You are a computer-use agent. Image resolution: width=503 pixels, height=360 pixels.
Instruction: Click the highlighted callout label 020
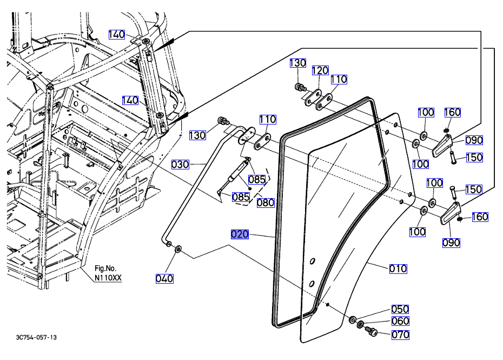click(x=240, y=234)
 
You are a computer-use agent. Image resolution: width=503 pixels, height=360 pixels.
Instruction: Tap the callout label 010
click(x=398, y=269)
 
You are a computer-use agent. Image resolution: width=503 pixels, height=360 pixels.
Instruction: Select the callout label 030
click(x=180, y=164)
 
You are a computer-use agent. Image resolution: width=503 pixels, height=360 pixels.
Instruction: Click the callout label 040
click(x=164, y=278)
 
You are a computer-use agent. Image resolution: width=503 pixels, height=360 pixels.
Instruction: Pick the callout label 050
click(x=400, y=309)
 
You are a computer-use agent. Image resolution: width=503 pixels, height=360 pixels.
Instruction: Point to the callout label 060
click(x=400, y=321)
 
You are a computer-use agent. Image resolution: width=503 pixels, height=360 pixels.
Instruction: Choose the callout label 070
click(x=400, y=335)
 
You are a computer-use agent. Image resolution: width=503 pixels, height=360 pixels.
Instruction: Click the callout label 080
click(x=266, y=203)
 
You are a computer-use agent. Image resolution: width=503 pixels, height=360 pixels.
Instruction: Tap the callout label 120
click(x=320, y=70)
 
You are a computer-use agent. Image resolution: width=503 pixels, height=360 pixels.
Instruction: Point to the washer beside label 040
click(x=178, y=251)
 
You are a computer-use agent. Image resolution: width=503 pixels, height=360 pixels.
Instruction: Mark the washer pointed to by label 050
click(x=353, y=319)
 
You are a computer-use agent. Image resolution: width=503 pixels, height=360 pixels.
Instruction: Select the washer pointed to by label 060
click(x=361, y=324)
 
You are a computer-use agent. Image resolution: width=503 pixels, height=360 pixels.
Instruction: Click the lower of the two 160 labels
click(x=480, y=217)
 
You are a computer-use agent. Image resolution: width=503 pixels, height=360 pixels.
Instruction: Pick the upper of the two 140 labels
click(x=116, y=35)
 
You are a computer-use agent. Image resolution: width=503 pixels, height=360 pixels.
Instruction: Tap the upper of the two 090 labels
click(x=474, y=140)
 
